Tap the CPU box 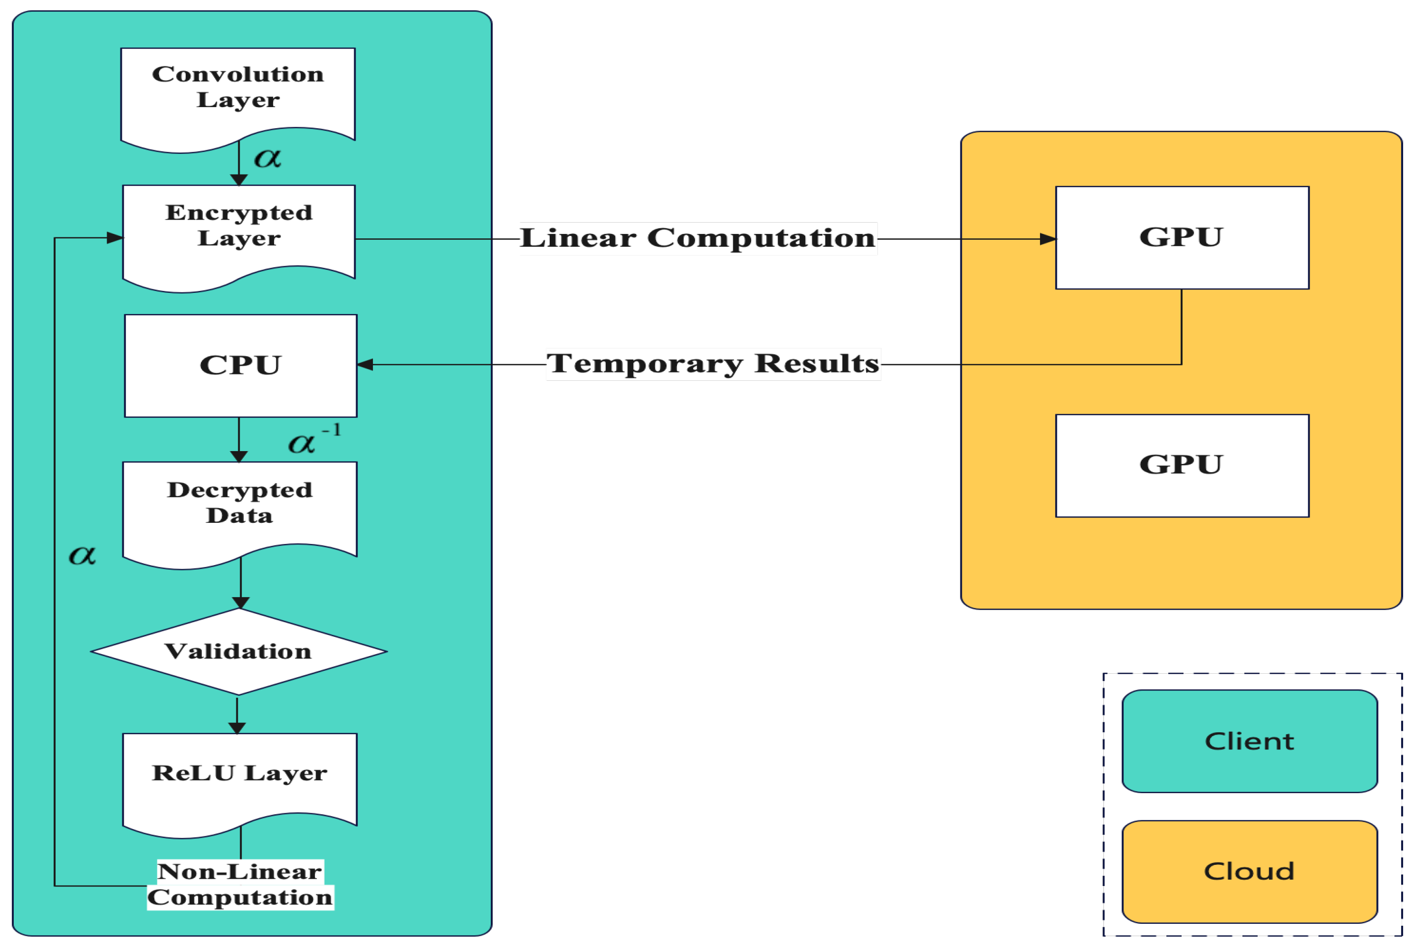240,365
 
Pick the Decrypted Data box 239,506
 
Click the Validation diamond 239,652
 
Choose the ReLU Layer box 239,777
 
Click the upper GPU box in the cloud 1181,237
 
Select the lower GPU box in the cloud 1181,465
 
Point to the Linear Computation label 698,238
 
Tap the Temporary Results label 713,364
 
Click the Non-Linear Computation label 240,884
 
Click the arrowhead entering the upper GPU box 1048,239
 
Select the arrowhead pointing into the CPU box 365,365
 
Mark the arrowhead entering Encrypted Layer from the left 115,237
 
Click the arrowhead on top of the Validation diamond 240,602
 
